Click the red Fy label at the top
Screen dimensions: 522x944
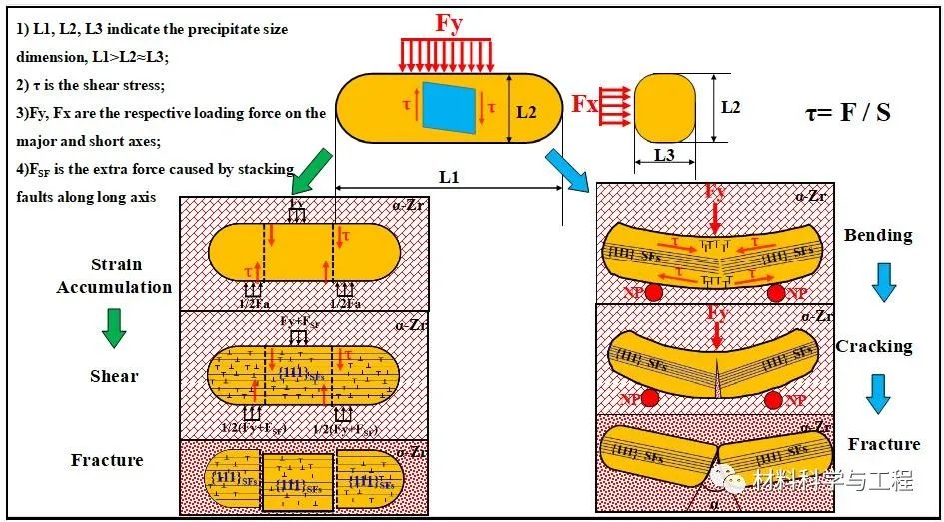coord(449,24)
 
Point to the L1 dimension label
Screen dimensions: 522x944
coord(450,177)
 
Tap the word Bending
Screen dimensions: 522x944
coord(878,235)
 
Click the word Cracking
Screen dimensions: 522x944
coord(874,346)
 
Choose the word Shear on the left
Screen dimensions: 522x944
coord(114,376)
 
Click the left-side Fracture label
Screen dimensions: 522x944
coord(107,460)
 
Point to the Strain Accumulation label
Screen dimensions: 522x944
coord(115,276)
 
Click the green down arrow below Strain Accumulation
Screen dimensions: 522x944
coord(114,328)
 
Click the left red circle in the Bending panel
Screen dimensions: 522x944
coord(652,292)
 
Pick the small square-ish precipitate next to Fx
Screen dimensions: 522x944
coord(665,107)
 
